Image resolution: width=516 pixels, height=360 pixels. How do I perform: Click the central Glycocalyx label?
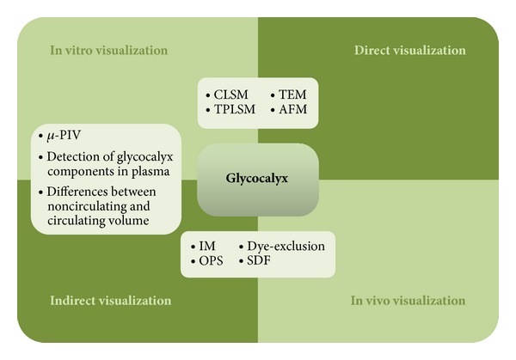pos(256,179)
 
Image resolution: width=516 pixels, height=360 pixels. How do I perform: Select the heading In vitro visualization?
pos(109,51)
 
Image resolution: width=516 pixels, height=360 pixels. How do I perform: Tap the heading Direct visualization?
pos(410,51)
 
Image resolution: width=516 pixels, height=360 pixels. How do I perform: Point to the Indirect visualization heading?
pos(111,301)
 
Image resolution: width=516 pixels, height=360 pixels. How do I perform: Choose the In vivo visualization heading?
pos(408,301)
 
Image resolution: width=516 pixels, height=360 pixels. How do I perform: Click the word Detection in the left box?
pos(72,157)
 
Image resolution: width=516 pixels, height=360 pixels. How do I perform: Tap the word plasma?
pos(150,172)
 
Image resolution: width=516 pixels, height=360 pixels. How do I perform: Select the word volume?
pos(131,220)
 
